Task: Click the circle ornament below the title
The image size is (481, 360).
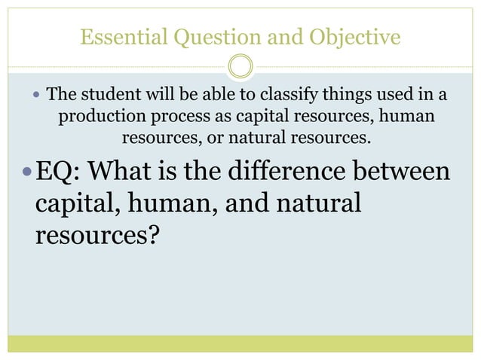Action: click(240, 66)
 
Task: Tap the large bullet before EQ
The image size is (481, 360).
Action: click(28, 171)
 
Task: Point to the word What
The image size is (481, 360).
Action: click(119, 171)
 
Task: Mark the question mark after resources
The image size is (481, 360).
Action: click(153, 236)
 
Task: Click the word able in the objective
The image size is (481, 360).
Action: click(211, 96)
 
